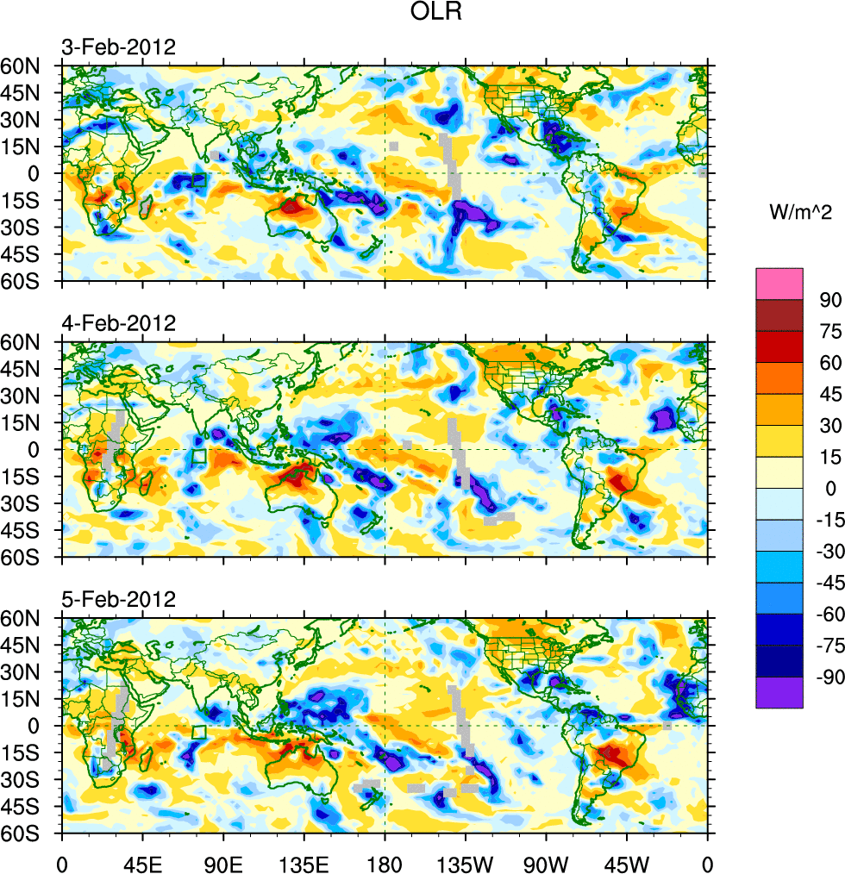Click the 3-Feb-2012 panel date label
click(118, 47)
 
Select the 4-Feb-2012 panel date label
click(118, 324)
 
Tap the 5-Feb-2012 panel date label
click(118, 600)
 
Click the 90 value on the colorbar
click(829, 299)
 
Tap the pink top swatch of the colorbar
click(779, 284)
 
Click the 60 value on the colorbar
click(829, 363)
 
